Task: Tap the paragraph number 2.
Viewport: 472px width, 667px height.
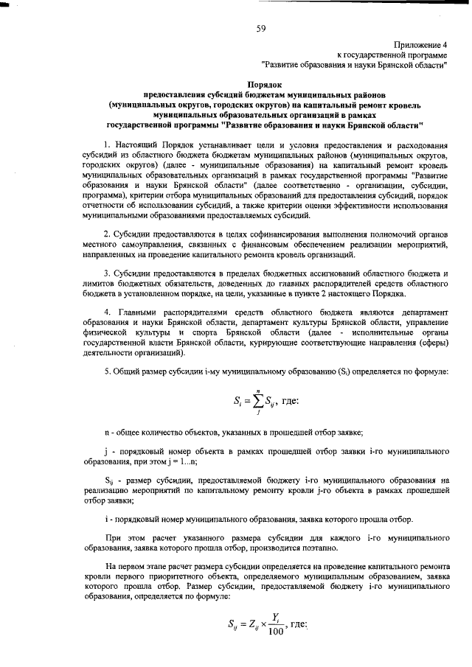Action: [x=108, y=234]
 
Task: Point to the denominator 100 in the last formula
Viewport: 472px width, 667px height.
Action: [x=276, y=631]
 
